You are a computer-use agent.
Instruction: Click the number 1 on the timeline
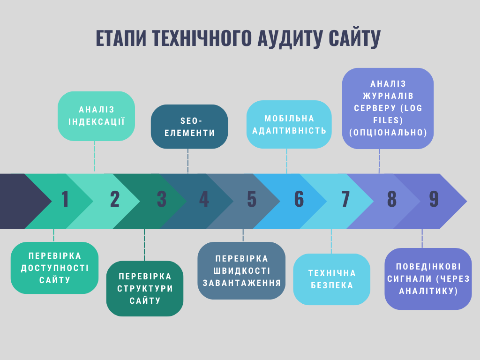coord(65,199)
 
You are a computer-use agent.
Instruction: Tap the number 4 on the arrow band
coord(204,199)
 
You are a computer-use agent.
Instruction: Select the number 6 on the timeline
coord(299,199)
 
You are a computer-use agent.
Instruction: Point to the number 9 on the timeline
coord(434,199)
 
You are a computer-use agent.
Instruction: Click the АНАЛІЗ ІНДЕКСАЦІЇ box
coord(96,116)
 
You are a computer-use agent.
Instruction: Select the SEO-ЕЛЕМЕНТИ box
coord(189,127)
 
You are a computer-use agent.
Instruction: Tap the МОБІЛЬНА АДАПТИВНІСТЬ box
coord(289,125)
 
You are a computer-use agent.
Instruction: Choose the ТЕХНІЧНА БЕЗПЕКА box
coord(332,279)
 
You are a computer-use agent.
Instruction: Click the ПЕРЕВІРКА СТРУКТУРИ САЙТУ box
coord(145,289)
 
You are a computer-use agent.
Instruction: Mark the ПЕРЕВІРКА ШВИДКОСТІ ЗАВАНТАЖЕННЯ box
coord(241,270)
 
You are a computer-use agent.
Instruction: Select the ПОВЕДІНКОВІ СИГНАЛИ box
coord(428,279)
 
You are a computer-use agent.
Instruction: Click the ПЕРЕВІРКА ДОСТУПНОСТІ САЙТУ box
coord(54,268)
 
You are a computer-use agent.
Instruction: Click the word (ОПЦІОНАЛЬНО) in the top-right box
coord(388,133)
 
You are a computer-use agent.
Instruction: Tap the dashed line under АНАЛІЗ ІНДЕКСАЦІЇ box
coord(95,156)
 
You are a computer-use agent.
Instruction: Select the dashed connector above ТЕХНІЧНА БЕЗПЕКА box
coord(331,241)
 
